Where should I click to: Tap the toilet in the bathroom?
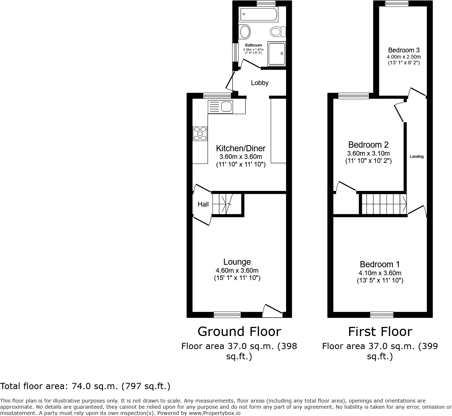tap(278, 32)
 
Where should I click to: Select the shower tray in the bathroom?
tap(277, 53)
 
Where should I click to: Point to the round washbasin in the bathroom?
tap(245, 32)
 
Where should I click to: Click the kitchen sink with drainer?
tap(221, 107)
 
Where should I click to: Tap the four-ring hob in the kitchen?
tap(200, 133)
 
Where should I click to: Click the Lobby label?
tap(259, 83)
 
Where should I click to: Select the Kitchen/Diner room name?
tap(241, 148)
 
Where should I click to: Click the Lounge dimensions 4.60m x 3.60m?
tap(237, 271)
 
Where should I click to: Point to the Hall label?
tap(203, 204)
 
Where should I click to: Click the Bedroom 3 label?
tap(404, 50)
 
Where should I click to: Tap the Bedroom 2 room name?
tap(368, 145)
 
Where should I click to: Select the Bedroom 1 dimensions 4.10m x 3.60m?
tap(380, 273)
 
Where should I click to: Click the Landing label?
tap(417, 157)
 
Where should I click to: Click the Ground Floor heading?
tap(239, 332)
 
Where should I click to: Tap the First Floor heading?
tap(380, 332)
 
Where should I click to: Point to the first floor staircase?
tap(384, 204)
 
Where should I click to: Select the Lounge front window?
tap(227, 315)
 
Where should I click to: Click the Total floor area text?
tap(85, 386)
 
